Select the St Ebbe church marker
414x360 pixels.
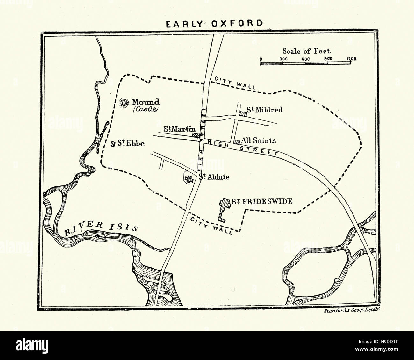tap(113, 144)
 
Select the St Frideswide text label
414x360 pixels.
tap(261, 201)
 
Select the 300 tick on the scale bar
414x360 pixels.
tap(283, 59)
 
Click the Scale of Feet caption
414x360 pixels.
tap(306, 51)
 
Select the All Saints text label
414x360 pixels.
tap(258, 140)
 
